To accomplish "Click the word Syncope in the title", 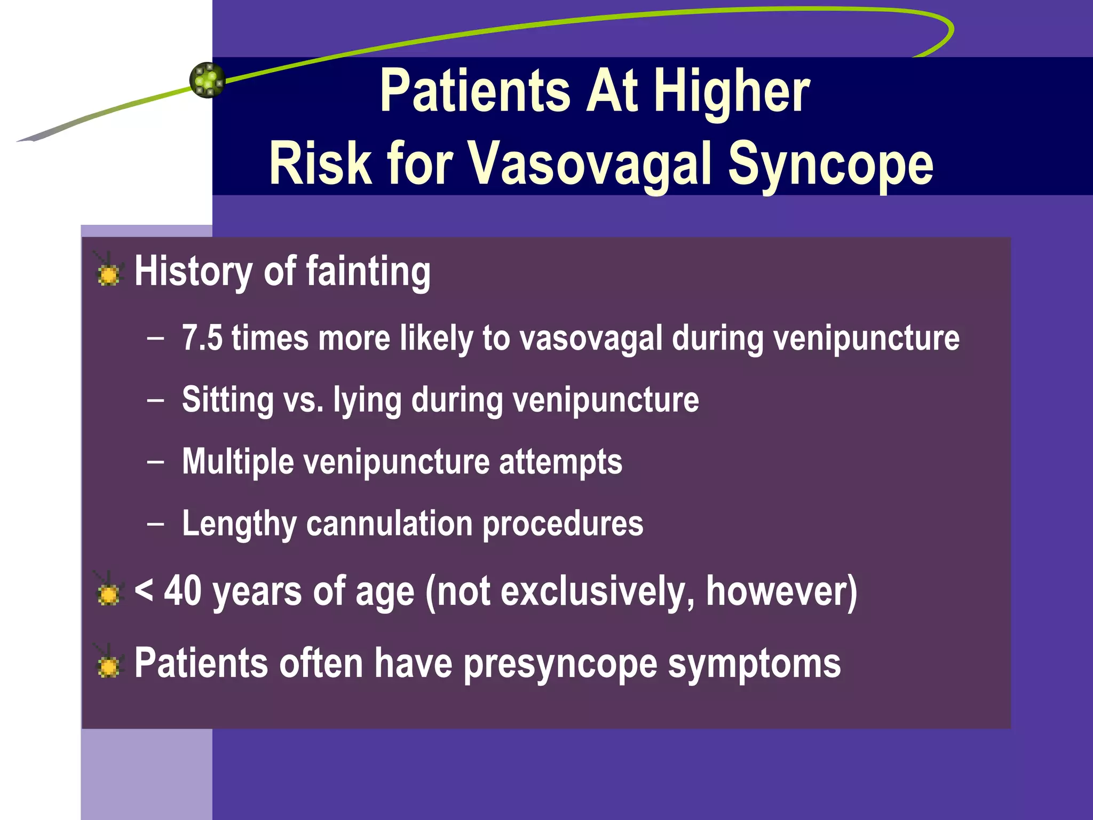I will (830, 163).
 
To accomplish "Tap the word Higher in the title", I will (732, 92).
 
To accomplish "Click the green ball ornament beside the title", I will (207, 80).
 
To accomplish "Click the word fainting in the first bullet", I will (368, 271).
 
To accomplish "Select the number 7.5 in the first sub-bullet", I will (202, 338).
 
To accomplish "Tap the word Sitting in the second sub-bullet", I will (228, 399).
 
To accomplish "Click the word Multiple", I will (237, 461).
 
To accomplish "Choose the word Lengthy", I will (239, 524).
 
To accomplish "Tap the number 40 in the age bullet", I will (183, 592).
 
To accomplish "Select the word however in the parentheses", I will (777, 592).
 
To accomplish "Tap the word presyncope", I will (560, 665).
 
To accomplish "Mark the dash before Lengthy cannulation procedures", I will (156, 524).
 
